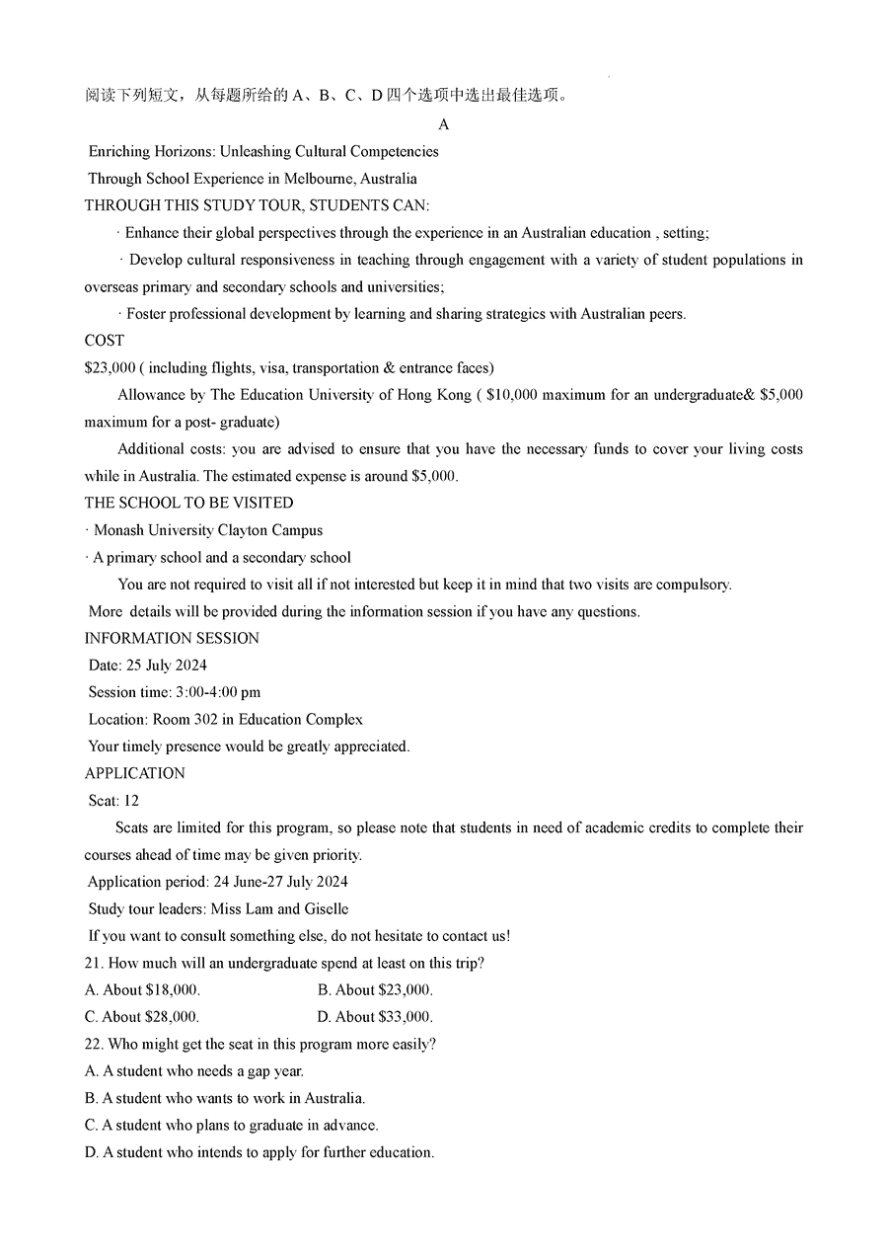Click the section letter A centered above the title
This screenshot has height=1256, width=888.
[x=443, y=124]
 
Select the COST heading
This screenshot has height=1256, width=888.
[x=105, y=340]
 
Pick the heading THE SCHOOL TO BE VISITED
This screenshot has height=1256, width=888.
[x=188, y=503]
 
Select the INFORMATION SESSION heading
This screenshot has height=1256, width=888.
[x=172, y=638]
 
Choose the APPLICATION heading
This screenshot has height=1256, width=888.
[x=135, y=773]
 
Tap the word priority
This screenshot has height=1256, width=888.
[x=333, y=855]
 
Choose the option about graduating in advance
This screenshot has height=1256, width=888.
[x=240, y=1125]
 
